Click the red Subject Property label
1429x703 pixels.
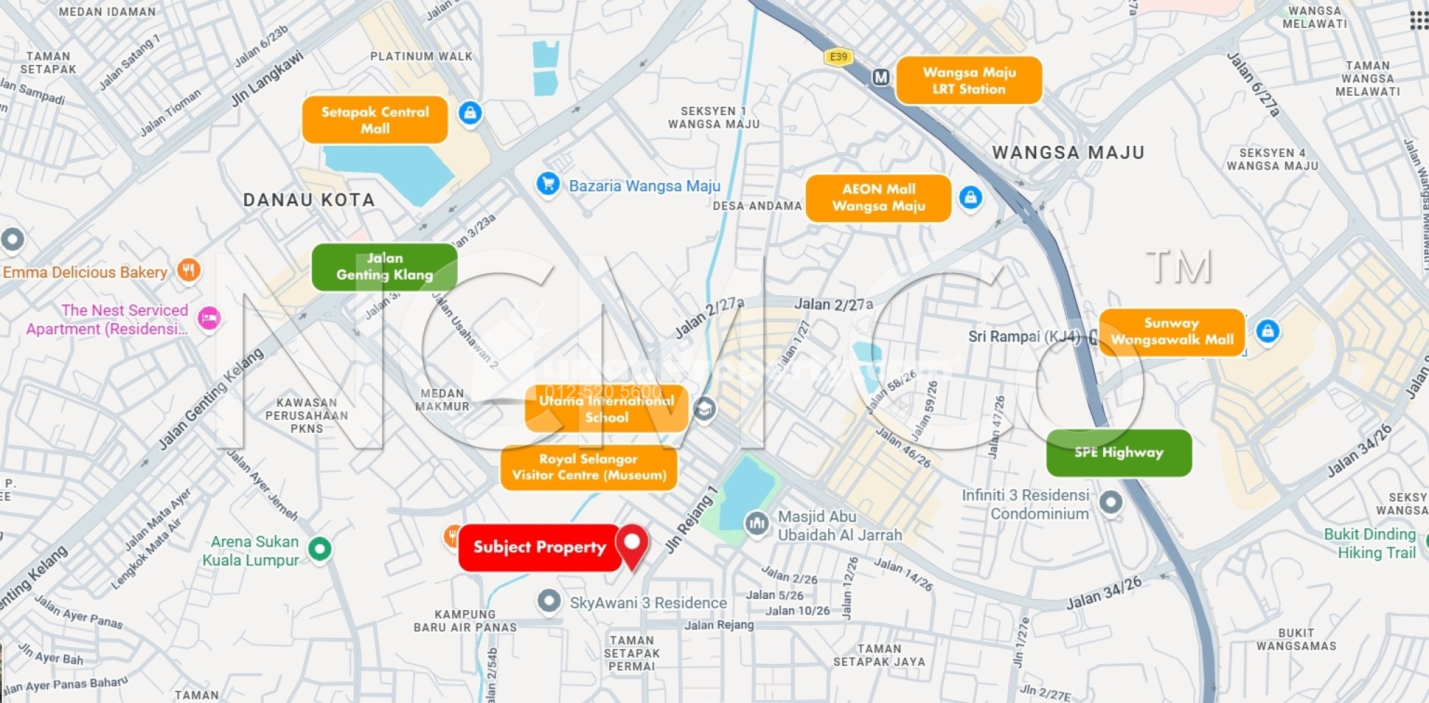[x=539, y=547]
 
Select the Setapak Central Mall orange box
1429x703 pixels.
[x=375, y=120]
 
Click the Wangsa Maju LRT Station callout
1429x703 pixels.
[x=968, y=80]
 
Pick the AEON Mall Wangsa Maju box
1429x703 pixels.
[x=878, y=198]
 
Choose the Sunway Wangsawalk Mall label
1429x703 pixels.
[x=1172, y=332]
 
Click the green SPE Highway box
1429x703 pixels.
[x=1118, y=452]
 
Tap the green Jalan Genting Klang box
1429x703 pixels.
[x=384, y=267]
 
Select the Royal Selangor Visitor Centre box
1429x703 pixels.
[x=589, y=467]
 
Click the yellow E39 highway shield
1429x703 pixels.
[x=838, y=57]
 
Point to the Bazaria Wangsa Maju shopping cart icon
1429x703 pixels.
[x=548, y=184]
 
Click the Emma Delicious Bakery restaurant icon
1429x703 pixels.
[x=188, y=269]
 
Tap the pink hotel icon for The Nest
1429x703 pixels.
[x=209, y=319]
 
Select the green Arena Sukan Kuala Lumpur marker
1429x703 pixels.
[x=320, y=549]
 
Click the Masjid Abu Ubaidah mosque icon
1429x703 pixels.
[x=756, y=523]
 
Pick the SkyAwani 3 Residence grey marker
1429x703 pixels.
[x=549, y=600]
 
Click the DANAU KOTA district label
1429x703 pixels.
[x=308, y=200]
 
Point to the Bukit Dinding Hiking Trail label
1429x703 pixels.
[x=1370, y=544]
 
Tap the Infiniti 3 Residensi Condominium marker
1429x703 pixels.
[x=1110, y=501]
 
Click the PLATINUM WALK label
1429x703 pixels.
[x=421, y=57]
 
